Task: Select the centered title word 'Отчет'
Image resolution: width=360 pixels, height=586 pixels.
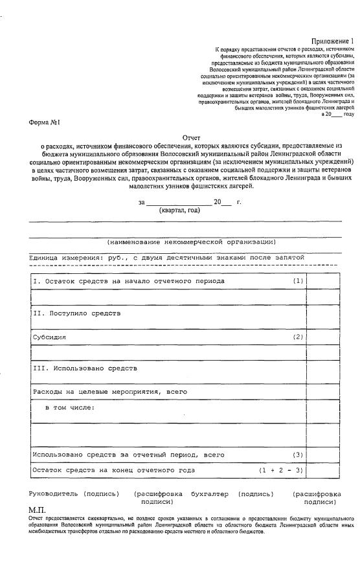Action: (192, 138)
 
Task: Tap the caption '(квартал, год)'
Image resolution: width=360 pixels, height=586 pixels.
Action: (179, 210)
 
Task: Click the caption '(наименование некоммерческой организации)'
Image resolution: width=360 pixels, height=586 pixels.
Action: (192, 242)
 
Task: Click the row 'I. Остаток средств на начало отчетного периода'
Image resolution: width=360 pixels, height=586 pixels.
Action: (129, 281)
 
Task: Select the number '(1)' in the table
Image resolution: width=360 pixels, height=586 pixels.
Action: (298, 281)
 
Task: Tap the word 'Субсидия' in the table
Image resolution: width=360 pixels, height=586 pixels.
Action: (49, 337)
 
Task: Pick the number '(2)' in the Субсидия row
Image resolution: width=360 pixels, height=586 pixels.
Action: (298, 337)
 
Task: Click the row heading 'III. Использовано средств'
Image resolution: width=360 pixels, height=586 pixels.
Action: (85, 368)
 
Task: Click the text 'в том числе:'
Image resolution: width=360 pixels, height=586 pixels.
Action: (70, 407)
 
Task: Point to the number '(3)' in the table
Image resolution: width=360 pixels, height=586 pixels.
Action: (298, 455)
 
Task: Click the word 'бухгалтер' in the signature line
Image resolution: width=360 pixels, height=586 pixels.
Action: (210, 494)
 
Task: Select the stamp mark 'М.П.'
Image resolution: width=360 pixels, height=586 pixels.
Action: (38, 510)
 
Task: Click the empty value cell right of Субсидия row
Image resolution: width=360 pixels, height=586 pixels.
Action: (323, 337)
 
